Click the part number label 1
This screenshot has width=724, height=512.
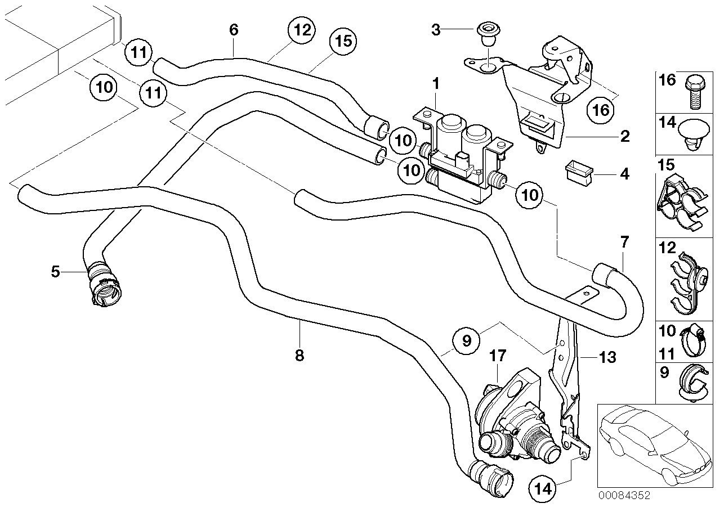point(435,84)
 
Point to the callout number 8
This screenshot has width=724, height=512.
point(300,356)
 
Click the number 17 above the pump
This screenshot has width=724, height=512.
point(498,356)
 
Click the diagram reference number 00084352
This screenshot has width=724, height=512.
point(624,496)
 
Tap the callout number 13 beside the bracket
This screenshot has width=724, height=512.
point(607,357)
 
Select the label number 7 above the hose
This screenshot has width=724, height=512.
point(624,242)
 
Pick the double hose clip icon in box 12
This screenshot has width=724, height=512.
point(689,281)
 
